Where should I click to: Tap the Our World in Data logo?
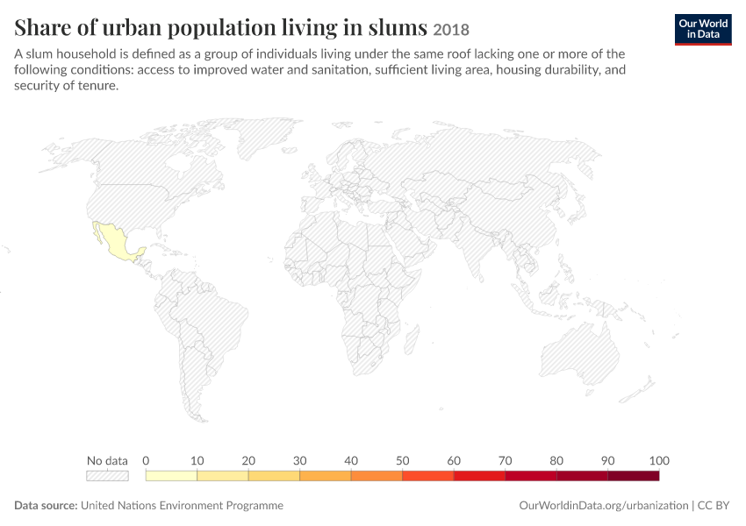pos(703,30)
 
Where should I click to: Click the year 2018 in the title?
pos(451,30)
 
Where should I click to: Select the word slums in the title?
pos(398,27)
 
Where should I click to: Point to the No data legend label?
pos(107,460)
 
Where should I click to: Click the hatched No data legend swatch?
pos(107,476)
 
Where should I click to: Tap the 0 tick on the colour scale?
pos(146,460)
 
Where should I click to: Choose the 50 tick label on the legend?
pos(403,460)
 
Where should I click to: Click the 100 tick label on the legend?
pos(659,460)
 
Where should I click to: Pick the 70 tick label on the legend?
pos(506,460)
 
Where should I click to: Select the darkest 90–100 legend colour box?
pos(634,476)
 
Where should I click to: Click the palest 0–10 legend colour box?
pos(171,476)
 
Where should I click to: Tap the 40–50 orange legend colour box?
pos(377,476)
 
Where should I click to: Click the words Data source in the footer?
pos(46,505)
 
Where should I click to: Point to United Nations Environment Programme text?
pos(182,505)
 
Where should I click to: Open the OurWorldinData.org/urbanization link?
pos(603,505)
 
